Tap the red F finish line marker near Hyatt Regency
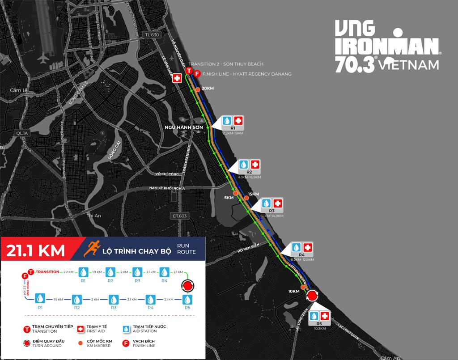pos(197,74)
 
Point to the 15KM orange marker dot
pos(246,197)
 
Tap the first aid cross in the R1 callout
pos(238,121)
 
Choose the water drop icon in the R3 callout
pos(266,203)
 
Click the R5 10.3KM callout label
pos(319,326)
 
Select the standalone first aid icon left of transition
pos(177,78)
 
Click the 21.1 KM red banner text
pos(36,250)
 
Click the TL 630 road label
pos(152,34)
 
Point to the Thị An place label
pos(94,216)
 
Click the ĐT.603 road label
pos(180,216)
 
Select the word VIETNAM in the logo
pos(408,65)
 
